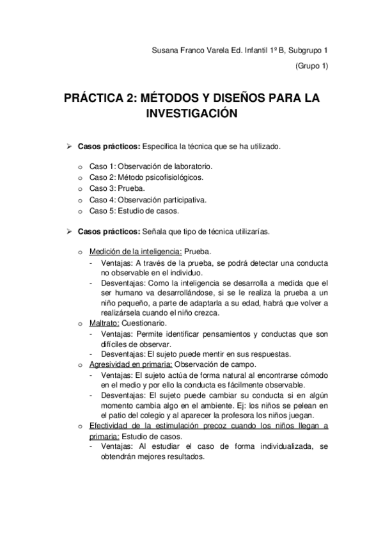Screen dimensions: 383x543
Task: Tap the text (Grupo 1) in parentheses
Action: [312, 66]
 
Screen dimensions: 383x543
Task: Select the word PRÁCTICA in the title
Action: [98, 98]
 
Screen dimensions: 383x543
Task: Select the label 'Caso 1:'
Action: [102, 166]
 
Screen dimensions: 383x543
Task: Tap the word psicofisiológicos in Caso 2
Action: [169, 177]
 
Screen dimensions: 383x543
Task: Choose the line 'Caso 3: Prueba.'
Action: [117, 188]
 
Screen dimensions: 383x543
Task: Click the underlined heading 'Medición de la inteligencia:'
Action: [136, 252]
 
